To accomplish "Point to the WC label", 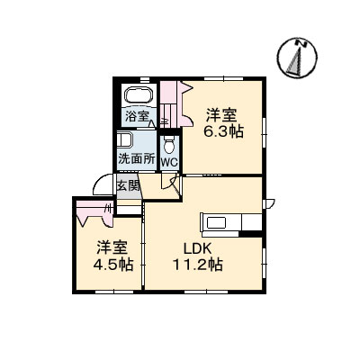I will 169,163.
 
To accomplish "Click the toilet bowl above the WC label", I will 169,145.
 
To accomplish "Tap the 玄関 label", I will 128,186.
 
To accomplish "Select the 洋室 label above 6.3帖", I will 222,114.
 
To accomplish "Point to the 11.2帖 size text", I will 197,265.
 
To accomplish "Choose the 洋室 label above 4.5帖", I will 112,247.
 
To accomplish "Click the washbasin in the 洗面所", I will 125,141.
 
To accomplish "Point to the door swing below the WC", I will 167,181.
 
